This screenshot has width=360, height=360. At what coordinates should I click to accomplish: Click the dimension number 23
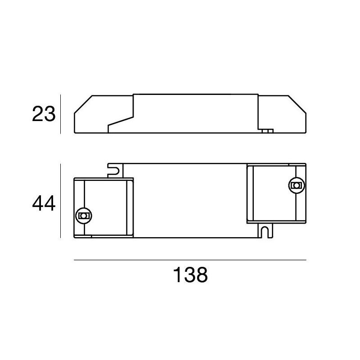(44, 114)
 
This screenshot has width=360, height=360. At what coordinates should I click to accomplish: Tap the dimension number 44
(44, 204)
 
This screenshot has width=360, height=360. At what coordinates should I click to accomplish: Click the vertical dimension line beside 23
(60, 114)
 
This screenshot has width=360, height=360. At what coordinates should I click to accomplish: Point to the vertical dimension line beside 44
(60, 201)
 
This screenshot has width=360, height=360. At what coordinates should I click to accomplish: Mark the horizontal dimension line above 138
(189, 260)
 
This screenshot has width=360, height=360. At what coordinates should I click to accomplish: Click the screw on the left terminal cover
(83, 216)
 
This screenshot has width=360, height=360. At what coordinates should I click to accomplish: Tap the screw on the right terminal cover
(296, 184)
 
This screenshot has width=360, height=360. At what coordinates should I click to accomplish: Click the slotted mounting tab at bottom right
(265, 230)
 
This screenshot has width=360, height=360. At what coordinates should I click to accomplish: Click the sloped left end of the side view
(82, 106)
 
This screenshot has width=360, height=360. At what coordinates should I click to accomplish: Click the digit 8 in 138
(202, 274)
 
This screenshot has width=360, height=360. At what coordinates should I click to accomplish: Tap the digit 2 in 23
(38, 114)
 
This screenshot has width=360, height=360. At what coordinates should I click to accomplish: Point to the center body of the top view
(189, 200)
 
